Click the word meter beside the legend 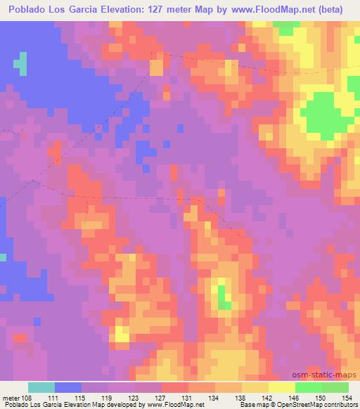(x=12, y=397)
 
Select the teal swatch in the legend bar (x=41, y=387)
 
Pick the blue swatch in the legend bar (x=68, y=387)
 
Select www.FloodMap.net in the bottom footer (x=175, y=405)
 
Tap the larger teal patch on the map (x=22, y=65)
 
